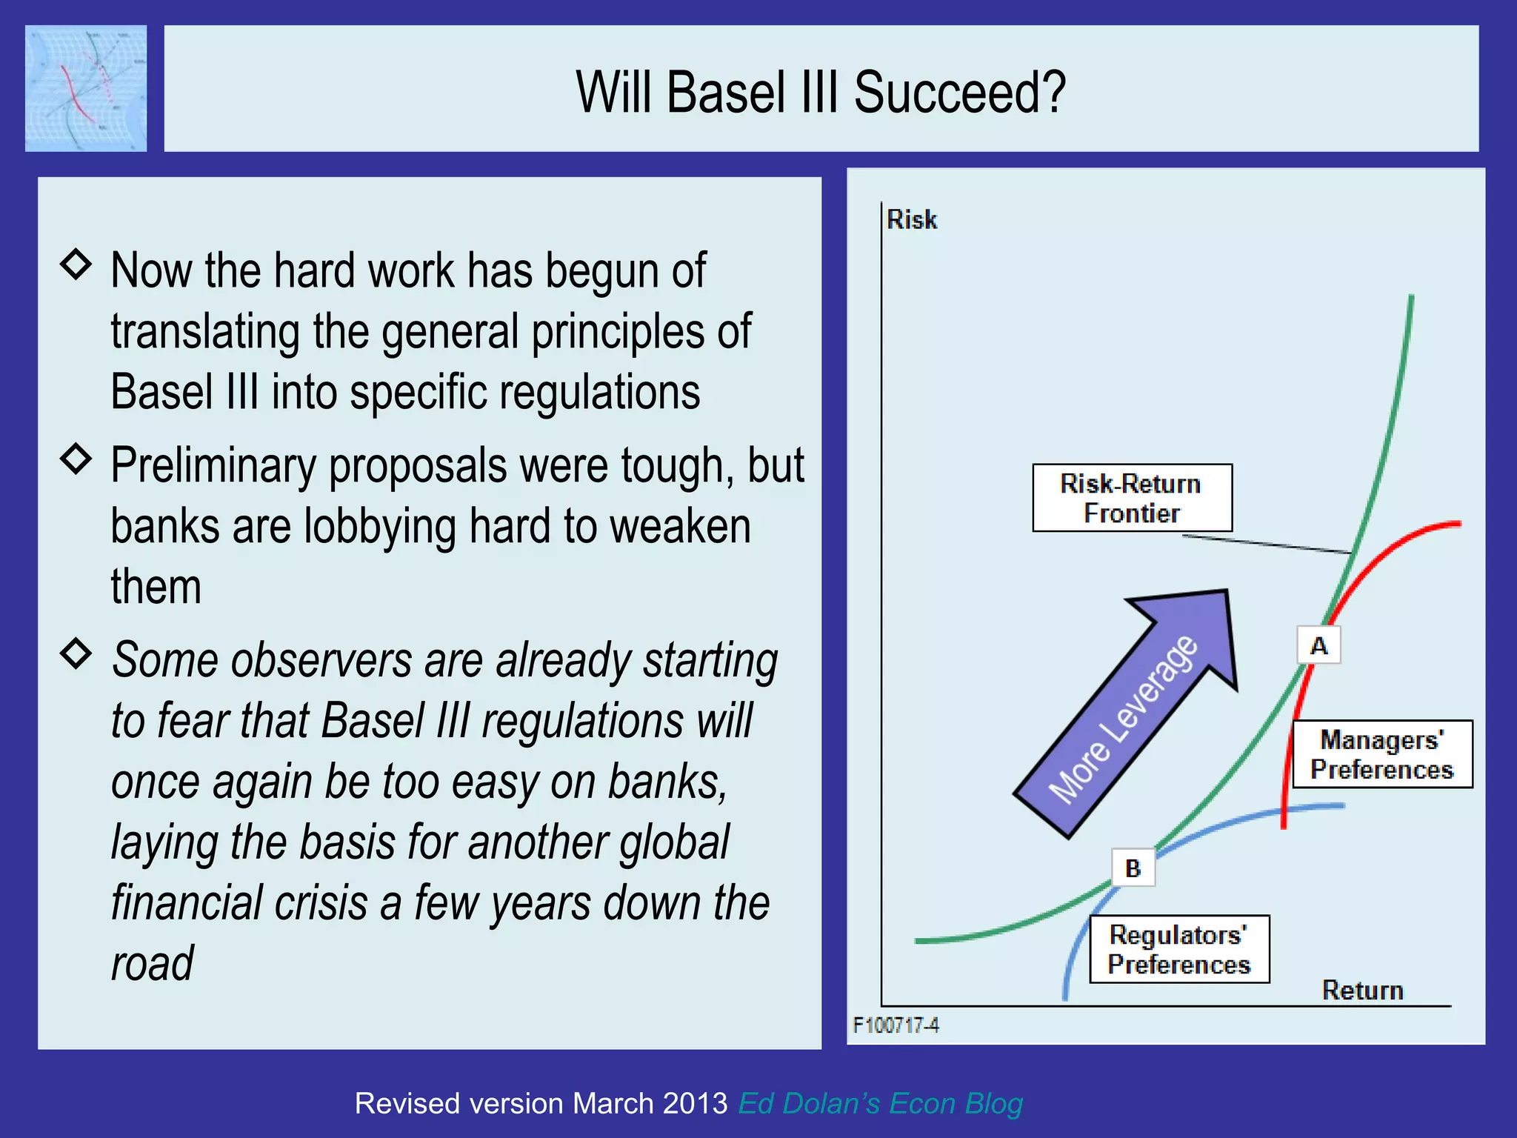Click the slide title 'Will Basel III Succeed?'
click(x=821, y=92)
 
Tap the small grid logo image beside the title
click(x=86, y=88)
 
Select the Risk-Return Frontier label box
click(x=1132, y=498)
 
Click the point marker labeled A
click(x=1318, y=645)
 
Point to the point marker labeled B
click(x=1133, y=868)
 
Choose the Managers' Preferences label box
click(x=1382, y=754)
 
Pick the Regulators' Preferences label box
click(x=1179, y=949)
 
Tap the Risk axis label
click(x=912, y=220)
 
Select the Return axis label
click(x=1362, y=991)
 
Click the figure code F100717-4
click(x=896, y=1025)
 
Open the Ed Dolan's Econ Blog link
click(x=880, y=1103)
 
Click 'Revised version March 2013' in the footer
click(x=541, y=1103)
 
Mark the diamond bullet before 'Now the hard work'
click(x=76, y=264)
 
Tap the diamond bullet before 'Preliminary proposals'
click(x=76, y=459)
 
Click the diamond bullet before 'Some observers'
click(x=76, y=653)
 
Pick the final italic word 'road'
click(x=152, y=964)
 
